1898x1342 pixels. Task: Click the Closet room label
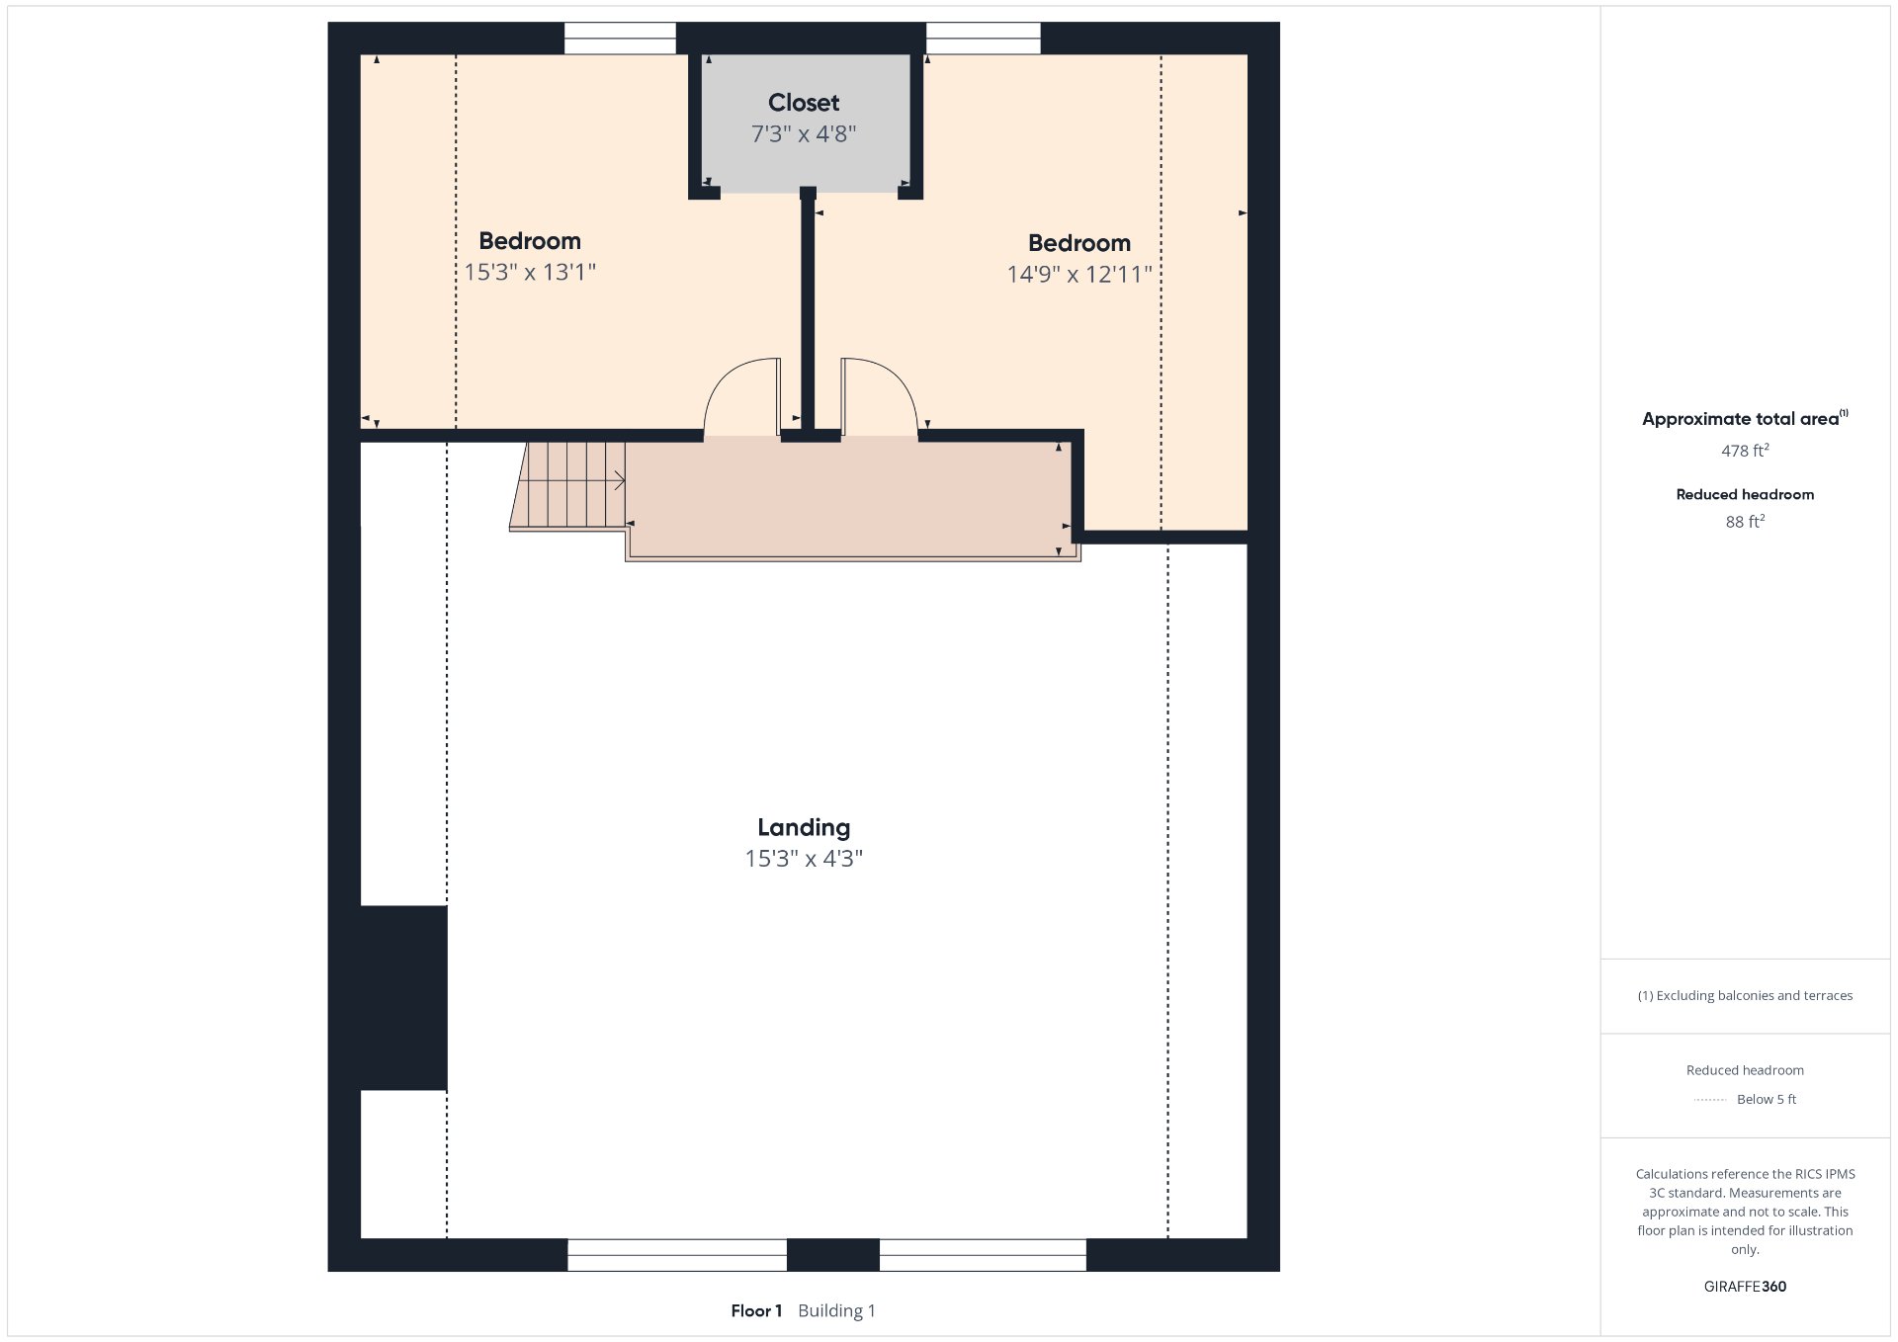click(x=804, y=103)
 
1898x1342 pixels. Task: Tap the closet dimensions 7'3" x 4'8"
click(x=804, y=133)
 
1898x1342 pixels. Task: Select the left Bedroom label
click(x=530, y=241)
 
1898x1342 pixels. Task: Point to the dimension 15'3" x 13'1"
click(x=530, y=272)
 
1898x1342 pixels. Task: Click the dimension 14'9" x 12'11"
click(x=1079, y=274)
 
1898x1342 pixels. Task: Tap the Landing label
click(x=804, y=828)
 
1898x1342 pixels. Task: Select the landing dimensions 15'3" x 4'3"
click(x=804, y=859)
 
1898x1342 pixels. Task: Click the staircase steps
click(x=568, y=485)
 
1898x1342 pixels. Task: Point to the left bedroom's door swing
click(x=742, y=396)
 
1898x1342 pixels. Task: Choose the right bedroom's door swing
click(x=880, y=396)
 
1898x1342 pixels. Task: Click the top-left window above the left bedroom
click(x=620, y=39)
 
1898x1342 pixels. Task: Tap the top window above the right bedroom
click(x=984, y=39)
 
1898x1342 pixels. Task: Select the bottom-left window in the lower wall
click(x=677, y=1255)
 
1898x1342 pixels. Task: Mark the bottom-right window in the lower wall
click(x=983, y=1255)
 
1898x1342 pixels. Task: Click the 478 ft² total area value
click(x=1745, y=451)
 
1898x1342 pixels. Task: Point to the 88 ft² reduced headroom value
click(x=1745, y=521)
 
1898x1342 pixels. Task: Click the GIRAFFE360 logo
click(x=1745, y=1287)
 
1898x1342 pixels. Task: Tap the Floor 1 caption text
click(x=756, y=1311)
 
